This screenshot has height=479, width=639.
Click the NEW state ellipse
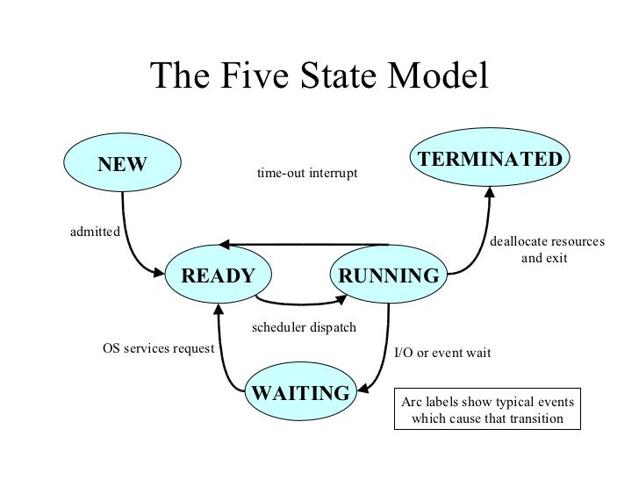122,164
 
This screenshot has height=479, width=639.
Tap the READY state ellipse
218,277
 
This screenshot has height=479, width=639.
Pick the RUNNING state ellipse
388,277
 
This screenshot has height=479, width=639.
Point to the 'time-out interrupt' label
307,175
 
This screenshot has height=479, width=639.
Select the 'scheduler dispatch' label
304,327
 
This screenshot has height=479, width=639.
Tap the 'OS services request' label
159,348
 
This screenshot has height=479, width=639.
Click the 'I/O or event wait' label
442,353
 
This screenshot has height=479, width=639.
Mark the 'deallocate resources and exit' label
546,250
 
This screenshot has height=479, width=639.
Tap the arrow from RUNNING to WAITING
387,351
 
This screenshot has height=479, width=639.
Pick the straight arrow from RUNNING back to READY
303,245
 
